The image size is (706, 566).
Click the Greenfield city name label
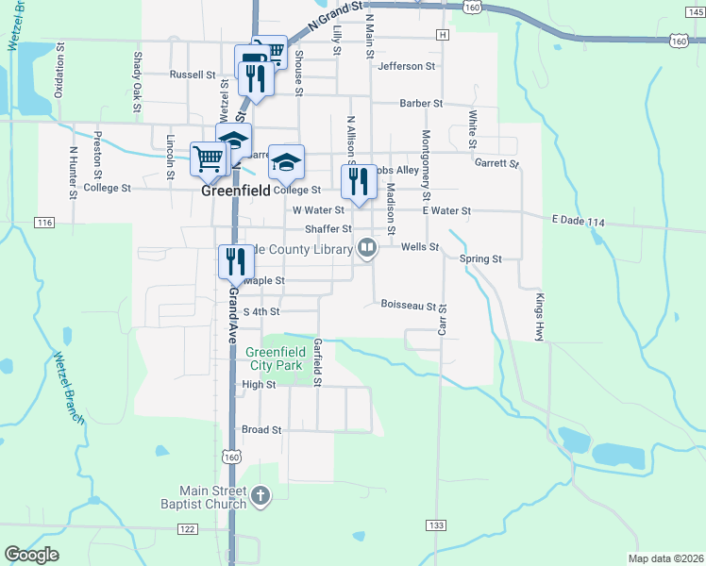pyautogui.click(x=235, y=190)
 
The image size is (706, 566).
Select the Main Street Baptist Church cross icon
pyautogui.click(x=261, y=494)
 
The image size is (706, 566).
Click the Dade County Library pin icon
pyautogui.click(x=367, y=248)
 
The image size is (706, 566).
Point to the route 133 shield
pyautogui.click(x=435, y=524)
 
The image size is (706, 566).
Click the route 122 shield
pyautogui.click(x=187, y=529)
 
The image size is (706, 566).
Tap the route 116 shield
pyautogui.click(x=43, y=223)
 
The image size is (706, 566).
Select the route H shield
pyautogui.click(x=442, y=35)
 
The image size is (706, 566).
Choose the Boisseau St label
pyautogui.click(x=408, y=305)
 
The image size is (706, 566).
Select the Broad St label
pyautogui.click(x=261, y=430)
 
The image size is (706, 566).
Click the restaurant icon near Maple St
pyautogui.click(x=234, y=261)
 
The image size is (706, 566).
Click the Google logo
pyautogui.click(x=31, y=555)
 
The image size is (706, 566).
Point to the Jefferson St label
pyautogui.click(x=406, y=67)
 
